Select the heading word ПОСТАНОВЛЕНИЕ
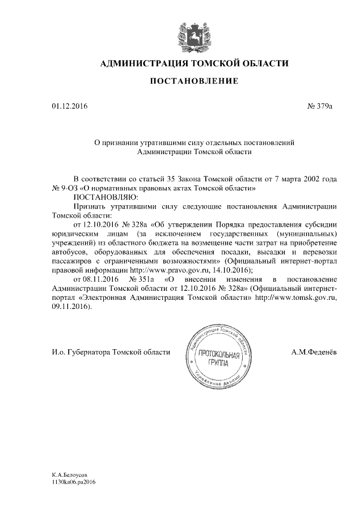pyautogui.click(x=193, y=82)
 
